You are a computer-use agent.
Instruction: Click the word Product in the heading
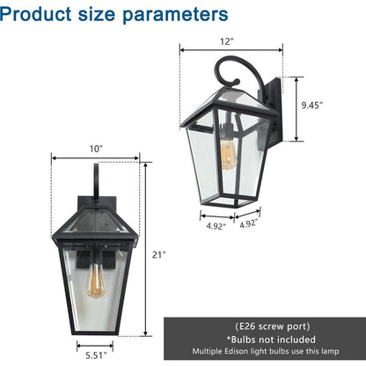[35, 14]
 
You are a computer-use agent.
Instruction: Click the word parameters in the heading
[175, 15]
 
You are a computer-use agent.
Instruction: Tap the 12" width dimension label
[226, 41]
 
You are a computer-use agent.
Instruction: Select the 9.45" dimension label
[312, 105]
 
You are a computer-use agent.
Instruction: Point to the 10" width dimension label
[96, 149]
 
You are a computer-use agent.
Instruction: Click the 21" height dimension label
[158, 254]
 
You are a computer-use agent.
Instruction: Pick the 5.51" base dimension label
[96, 355]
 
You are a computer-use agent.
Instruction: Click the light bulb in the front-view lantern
[96, 280]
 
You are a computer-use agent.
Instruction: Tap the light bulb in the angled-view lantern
[228, 154]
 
